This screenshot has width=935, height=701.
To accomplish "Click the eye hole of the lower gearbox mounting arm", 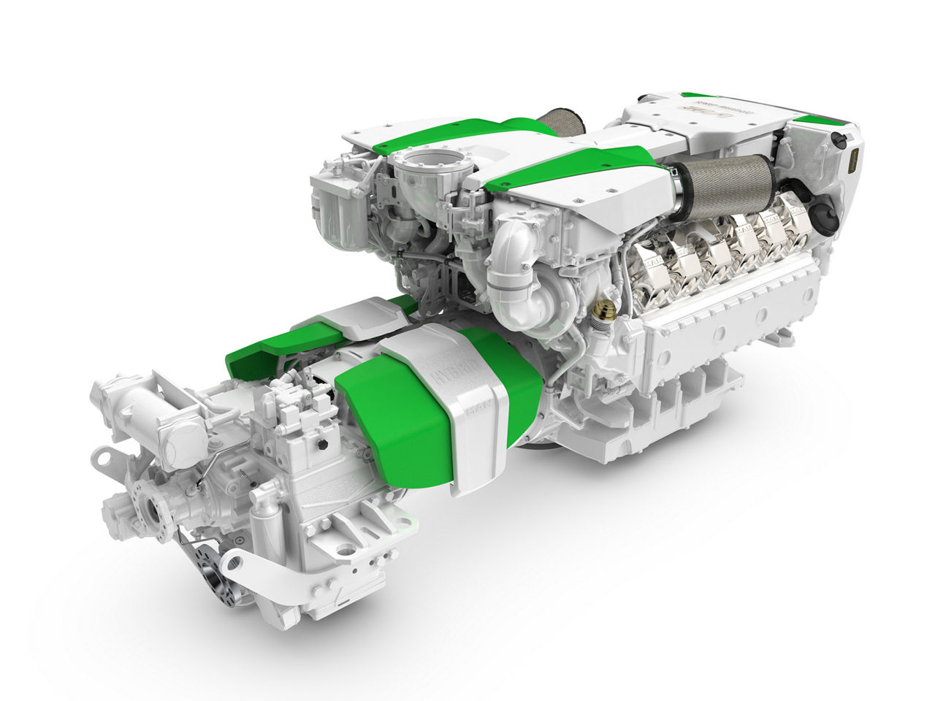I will click(x=232, y=563).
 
